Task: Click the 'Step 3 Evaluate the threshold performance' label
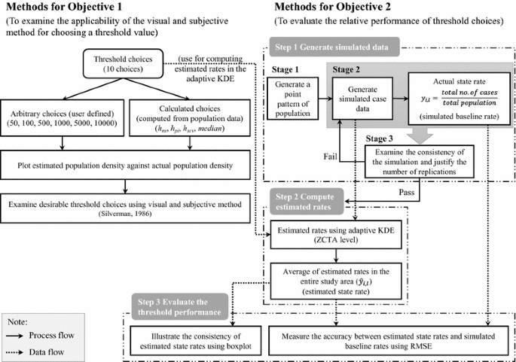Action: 175,306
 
